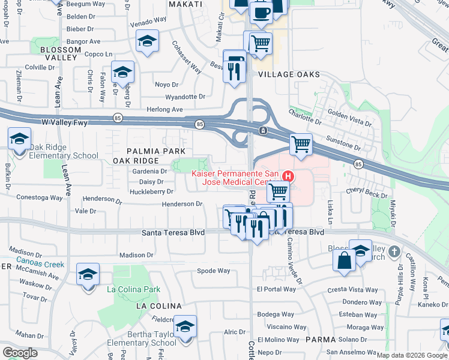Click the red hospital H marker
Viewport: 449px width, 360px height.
click(x=288, y=176)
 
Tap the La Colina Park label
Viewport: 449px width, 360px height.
click(x=134, y=289)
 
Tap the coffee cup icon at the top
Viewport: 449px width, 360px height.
click(x=261, y=12)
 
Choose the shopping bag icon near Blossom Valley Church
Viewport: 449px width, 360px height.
click(x=345, y=260)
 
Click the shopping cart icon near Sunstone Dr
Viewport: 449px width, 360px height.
click(x=301, y=144)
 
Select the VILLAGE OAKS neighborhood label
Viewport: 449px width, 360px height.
click(x=289, y=74)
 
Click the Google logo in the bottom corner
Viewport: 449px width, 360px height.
click(x=20, y=353)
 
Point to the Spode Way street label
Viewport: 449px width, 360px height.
click(x=214, y=271)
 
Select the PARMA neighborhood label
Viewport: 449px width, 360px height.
click(x=320, y=340)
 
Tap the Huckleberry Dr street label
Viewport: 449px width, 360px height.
click(x=151, y=192)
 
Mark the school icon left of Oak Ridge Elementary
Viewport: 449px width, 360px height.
click(x=19, y=139)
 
